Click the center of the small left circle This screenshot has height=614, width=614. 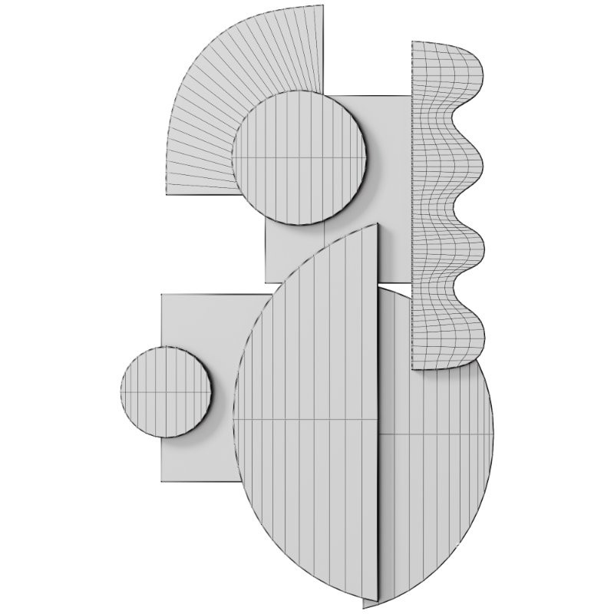(x=167, y=391)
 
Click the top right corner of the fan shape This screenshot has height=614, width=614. (x=322, y=5)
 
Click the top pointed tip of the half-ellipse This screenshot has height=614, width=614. (x=378, y=224)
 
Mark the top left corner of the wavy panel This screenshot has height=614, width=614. (x=412, y=41)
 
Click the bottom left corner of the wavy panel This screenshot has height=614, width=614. (x=412, y=368)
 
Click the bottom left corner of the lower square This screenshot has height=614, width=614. (x=161, y=482)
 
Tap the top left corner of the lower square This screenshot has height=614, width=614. (x=161, y=294)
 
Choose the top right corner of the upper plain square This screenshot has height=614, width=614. (x=411, y=96)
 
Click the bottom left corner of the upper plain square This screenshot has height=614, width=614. (x=266, y=282)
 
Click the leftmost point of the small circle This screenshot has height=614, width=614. (x=121, y=391)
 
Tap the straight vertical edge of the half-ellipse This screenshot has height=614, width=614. (x=379, y=414)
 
